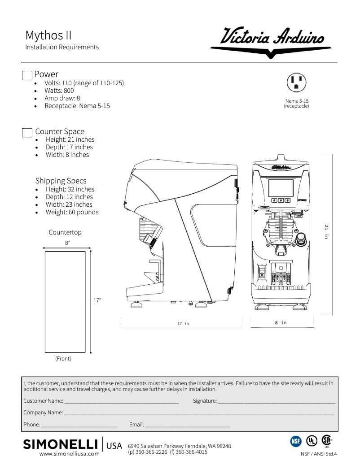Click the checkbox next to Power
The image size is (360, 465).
click(x=27, y=75)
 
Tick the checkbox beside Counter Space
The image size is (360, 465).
click(x=27, y=132)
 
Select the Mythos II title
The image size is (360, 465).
click(x=48, y=35)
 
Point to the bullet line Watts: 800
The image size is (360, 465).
click(x=59, y=91)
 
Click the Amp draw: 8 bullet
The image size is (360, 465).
click(x=62, y=98)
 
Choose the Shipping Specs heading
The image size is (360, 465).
click(x=61, y=181)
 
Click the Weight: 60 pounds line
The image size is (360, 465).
click(x=72, y=212)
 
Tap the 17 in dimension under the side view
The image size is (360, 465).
click(x=183, y=323)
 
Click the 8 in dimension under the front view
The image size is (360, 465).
click(x=281, y=322)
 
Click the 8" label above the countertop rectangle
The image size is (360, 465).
click(x=67, y=243)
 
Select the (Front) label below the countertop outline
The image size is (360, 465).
click(x=63, y=359)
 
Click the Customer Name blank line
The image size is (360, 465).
click(x=121, y=401)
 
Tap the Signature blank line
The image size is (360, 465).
click(x=276, y=401)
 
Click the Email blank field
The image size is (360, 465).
click(x=187, y=425)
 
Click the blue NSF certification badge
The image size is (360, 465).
click(x=296, y=441)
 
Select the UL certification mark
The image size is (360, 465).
click(x=311, y=441)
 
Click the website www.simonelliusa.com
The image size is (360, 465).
click(x=70, y=454)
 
